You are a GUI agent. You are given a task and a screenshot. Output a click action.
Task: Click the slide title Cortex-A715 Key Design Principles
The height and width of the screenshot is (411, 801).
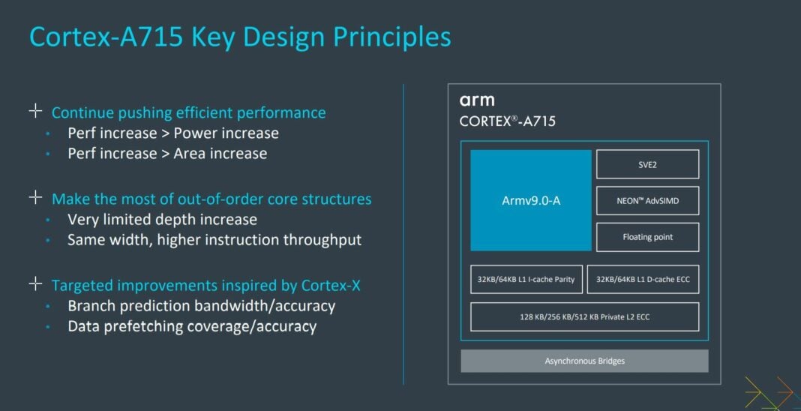click(240, 36)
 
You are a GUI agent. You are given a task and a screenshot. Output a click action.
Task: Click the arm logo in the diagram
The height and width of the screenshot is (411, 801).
click(477, 100)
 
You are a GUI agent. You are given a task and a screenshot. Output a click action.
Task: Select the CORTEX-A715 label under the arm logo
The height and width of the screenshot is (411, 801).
click(508, 121)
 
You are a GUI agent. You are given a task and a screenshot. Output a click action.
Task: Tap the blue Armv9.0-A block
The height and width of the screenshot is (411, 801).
click(531, 200)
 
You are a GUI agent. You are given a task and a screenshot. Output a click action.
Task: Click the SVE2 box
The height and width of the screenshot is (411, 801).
click(647, 164)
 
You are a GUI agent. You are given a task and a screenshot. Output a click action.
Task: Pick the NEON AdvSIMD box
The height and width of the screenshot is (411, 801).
click(647, 200)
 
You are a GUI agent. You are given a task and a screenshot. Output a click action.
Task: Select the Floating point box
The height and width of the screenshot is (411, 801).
click(647, 237)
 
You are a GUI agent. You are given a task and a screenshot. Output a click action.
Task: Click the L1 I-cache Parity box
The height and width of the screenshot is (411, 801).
click(525, 279)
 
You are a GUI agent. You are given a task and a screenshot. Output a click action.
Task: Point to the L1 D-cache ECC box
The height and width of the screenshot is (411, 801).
click(643, 279)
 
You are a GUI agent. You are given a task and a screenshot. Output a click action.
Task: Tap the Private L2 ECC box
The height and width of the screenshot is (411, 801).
click(584, 316)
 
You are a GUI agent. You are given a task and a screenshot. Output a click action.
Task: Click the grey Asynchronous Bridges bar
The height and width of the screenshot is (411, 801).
click(584, 361)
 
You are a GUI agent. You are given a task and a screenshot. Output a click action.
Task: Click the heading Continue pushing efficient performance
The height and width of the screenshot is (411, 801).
click(188, 112)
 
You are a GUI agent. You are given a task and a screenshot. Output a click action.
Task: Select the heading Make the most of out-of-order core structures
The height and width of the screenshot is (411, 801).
click(211, 199)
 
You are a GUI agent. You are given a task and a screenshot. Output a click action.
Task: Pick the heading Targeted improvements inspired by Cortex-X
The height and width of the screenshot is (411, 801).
click(198, 286)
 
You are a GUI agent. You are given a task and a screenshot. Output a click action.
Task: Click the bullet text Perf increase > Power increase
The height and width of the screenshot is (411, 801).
click(172, 133)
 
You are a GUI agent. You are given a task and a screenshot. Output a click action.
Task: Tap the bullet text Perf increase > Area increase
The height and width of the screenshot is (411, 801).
click(166, 154)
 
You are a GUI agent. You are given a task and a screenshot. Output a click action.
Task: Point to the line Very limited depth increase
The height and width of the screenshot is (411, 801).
click(162, 220)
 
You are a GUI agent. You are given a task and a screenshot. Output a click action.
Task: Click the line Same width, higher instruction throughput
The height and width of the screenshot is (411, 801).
click(214, 240)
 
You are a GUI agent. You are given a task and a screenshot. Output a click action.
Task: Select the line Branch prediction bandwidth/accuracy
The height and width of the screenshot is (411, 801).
click(201, 306)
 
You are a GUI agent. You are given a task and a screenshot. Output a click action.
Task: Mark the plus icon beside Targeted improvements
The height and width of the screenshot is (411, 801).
click(35, 284)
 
